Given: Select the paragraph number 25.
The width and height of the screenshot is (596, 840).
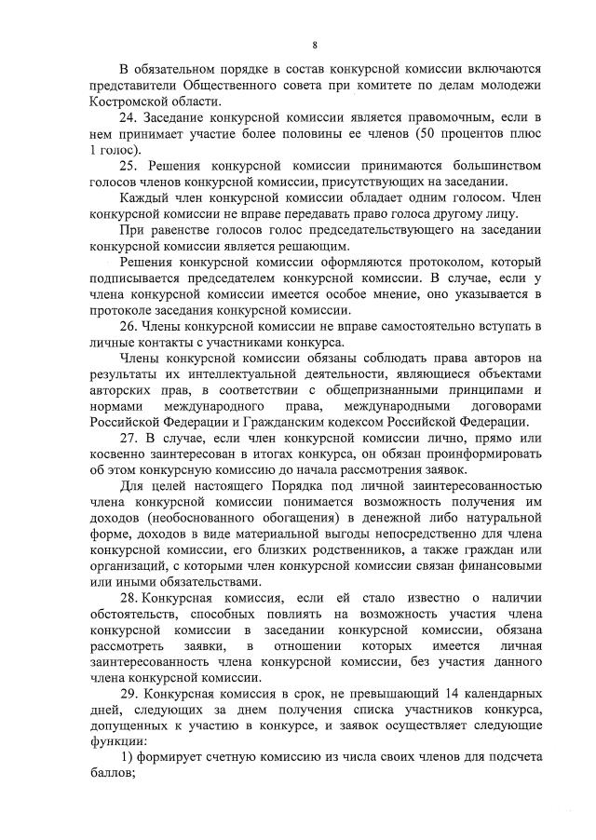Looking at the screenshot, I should (129, 165).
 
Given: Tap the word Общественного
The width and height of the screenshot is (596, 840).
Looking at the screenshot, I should (218, 85).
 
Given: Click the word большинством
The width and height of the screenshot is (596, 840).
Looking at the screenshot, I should (493, 165).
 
